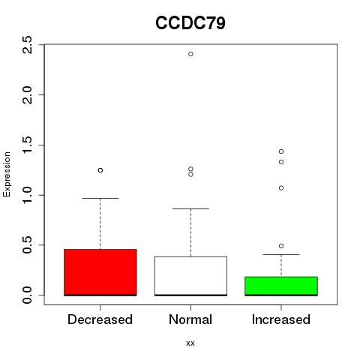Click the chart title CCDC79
point(190,23)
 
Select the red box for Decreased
point(100,272)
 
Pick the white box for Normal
point(190,276)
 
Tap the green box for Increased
point(281,286)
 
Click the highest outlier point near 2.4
point(190,54)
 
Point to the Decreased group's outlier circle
point(100,170)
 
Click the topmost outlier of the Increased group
point(281,151)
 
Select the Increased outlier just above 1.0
point(281,188)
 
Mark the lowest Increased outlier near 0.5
point(281,246)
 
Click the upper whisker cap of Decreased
point(100,198)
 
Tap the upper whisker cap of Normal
point(190,208)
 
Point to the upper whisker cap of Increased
point(281,254)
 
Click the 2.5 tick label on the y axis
point(27,45)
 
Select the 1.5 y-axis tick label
point(27,145)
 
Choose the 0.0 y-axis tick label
point(27,295)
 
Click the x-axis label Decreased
point(100,319)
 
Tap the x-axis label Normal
point(190,319)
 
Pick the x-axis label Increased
point(281,319)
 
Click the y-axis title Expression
point(7,175)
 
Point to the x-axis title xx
point(190,343)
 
